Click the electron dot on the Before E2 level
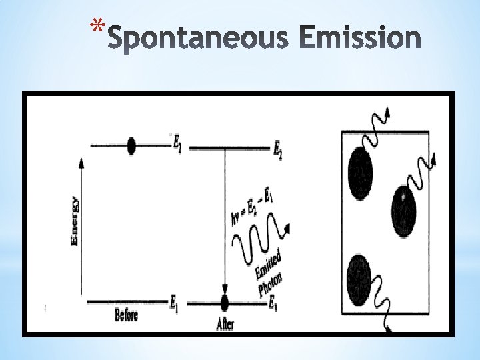(x=131, y=146)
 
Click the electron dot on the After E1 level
(x=224, y=303)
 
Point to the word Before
(x=126, y=315)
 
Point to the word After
(x=225, y=325)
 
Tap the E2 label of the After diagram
(x=277, y=150)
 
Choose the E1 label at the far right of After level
(x=273, y=305)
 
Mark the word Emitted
(x=267, y=264)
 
